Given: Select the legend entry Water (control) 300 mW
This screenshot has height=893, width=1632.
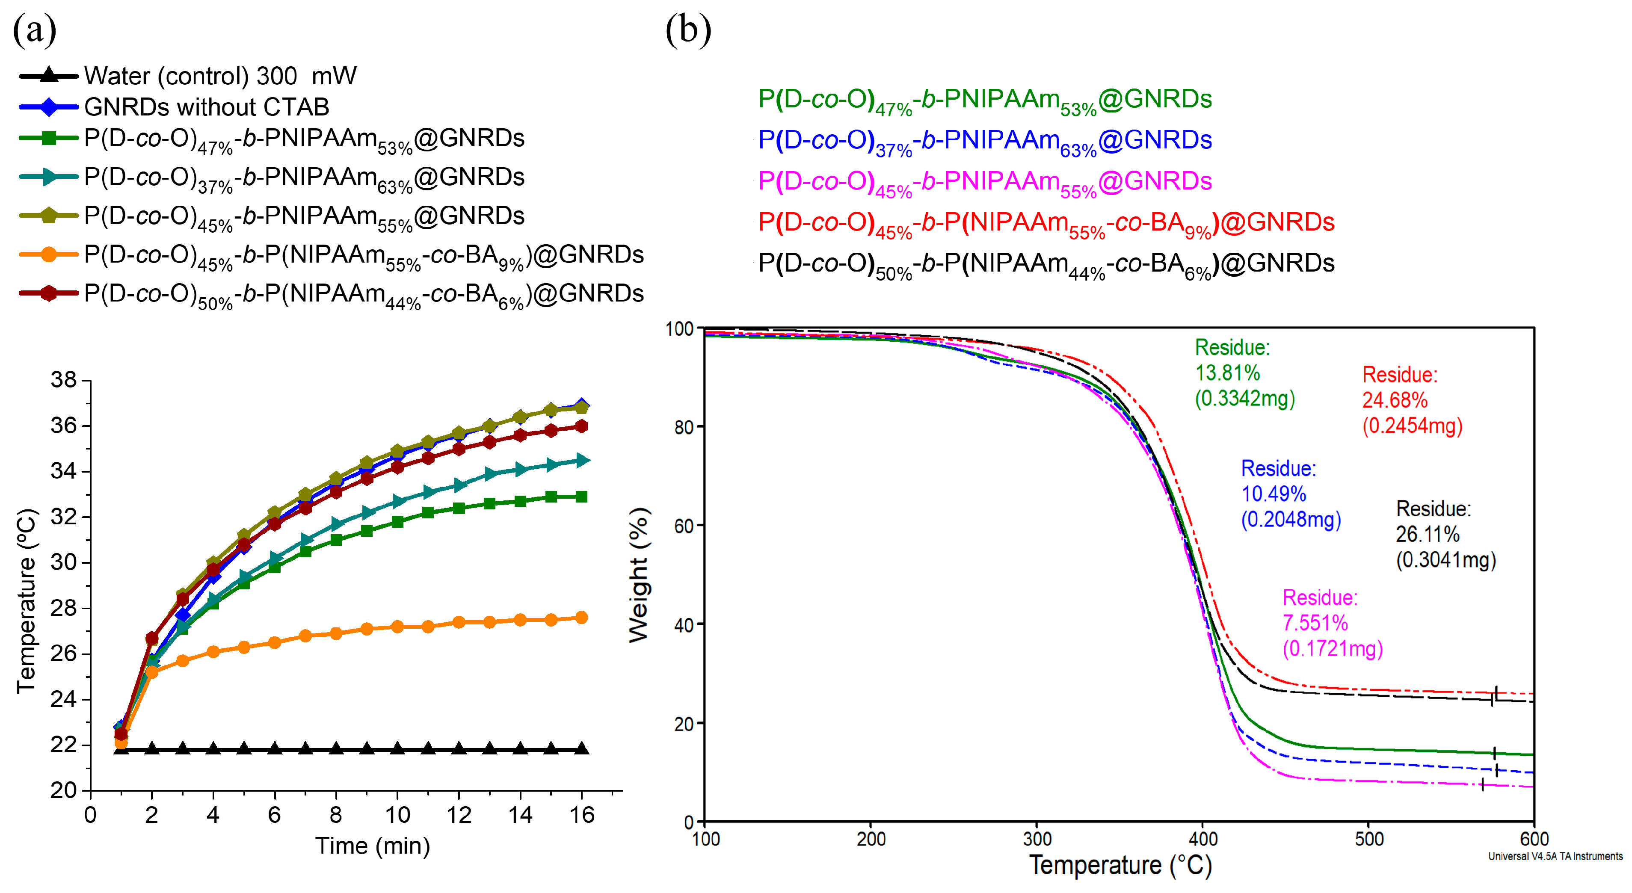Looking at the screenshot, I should click(x=220, y=76).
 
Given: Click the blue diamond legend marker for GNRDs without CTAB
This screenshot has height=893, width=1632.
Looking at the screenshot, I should click(x=49, y=106).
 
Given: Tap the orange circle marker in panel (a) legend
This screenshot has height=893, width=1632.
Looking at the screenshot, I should click(x=49, y=254).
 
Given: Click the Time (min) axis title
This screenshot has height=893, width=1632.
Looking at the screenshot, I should click(x=373, y=846).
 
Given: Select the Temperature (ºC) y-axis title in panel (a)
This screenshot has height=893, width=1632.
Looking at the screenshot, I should click(x=27, y=600).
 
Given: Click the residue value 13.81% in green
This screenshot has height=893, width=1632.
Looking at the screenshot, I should click(x=1227, y=373).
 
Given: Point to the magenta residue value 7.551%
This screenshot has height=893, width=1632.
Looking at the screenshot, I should click(x=1315, y=623).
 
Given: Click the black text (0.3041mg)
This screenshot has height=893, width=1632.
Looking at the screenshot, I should click(x=1446, y=560).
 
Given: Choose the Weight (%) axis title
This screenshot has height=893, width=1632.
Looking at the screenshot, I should click(x=639, y=575).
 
